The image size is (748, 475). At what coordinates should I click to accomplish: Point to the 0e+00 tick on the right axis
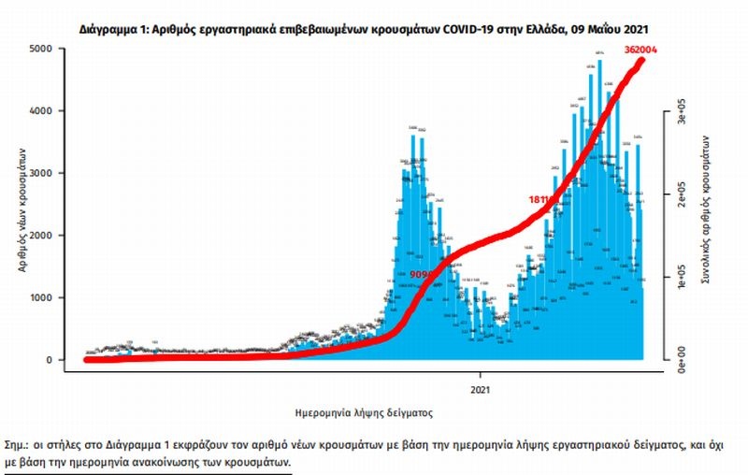[x=683, y=359]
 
